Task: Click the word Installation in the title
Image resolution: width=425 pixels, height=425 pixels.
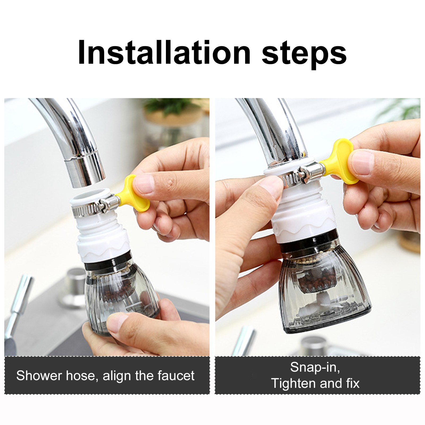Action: point(164,52)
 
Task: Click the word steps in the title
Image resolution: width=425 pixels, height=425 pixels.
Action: point(304,55)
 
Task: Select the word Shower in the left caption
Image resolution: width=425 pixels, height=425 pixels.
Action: point(39,376)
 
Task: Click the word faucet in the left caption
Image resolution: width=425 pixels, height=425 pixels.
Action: point(176,376)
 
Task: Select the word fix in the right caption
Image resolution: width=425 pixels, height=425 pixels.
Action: point(353,383)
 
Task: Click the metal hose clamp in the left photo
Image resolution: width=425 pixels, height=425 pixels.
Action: point(94,208)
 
